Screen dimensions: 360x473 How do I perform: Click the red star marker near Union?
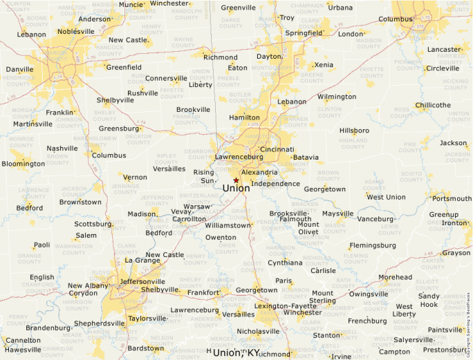pos(236,180)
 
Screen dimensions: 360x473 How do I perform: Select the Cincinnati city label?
pos(277,149)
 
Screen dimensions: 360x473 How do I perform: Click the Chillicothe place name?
pos(433,106)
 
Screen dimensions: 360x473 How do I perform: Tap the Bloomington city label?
pos(23,164)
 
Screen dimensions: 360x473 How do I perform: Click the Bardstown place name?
pos(146,348)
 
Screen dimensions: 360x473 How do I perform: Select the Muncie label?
pos(130,4)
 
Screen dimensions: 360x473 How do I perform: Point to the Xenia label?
pos(324,64)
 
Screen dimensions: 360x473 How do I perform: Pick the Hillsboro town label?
pos(354,131)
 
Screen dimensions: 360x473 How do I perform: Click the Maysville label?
pos(337,214)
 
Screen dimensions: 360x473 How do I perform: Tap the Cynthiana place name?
pos(285,263)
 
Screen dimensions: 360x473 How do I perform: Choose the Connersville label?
pos(166,78)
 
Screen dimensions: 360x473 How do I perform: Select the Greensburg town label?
pos(119,129)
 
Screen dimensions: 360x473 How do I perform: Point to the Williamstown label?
pos(228,225)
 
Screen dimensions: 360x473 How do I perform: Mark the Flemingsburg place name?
pos(373,245)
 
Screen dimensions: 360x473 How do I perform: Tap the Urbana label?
pos(340,8)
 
